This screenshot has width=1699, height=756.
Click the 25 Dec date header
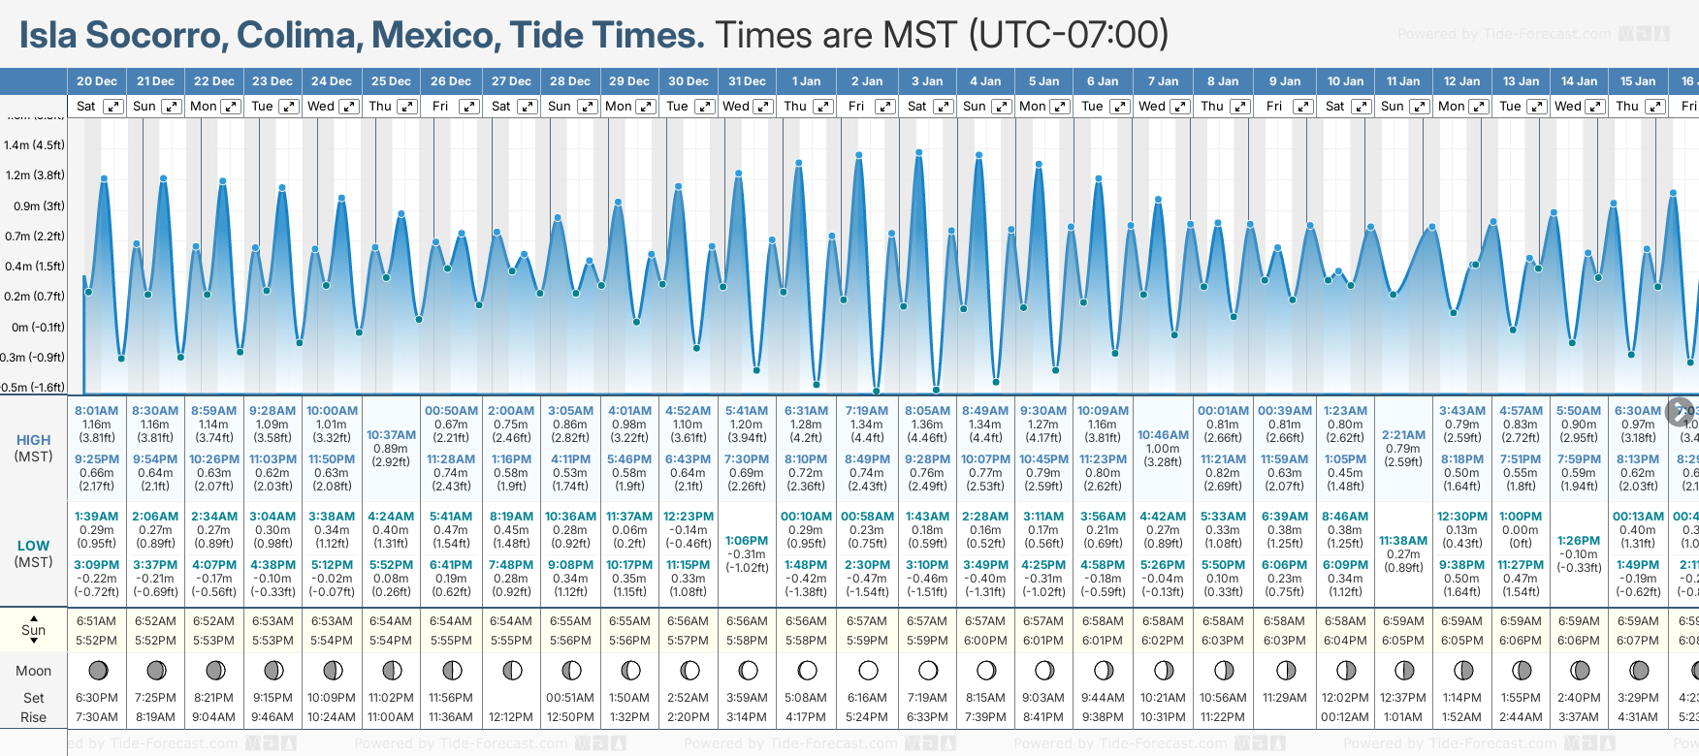point(392,81)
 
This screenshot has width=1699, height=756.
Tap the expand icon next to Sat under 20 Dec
point(113,107)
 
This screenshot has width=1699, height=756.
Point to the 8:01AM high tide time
point(96,411)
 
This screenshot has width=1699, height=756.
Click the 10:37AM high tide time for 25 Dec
point(391,435)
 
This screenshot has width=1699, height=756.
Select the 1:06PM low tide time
point(747,541)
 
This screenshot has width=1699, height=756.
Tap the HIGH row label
point(33,440)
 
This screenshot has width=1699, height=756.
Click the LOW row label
point(33,546)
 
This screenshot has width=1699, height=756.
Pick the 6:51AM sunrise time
point(96,621)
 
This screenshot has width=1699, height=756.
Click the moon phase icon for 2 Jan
point(868,671)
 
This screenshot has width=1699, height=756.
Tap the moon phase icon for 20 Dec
point(97,671)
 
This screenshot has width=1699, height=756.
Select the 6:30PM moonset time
point(96,698)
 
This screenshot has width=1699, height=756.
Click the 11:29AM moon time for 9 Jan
point(1284,698)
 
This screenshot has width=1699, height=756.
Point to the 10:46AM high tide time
point(1163,435)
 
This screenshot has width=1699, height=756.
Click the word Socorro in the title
point(155,36)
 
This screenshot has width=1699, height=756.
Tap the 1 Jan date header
point(806,81)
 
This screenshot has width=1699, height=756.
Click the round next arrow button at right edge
point(1680,411)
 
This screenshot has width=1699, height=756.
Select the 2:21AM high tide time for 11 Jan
point(1403,435)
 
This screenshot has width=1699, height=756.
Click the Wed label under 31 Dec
point(736,107)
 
